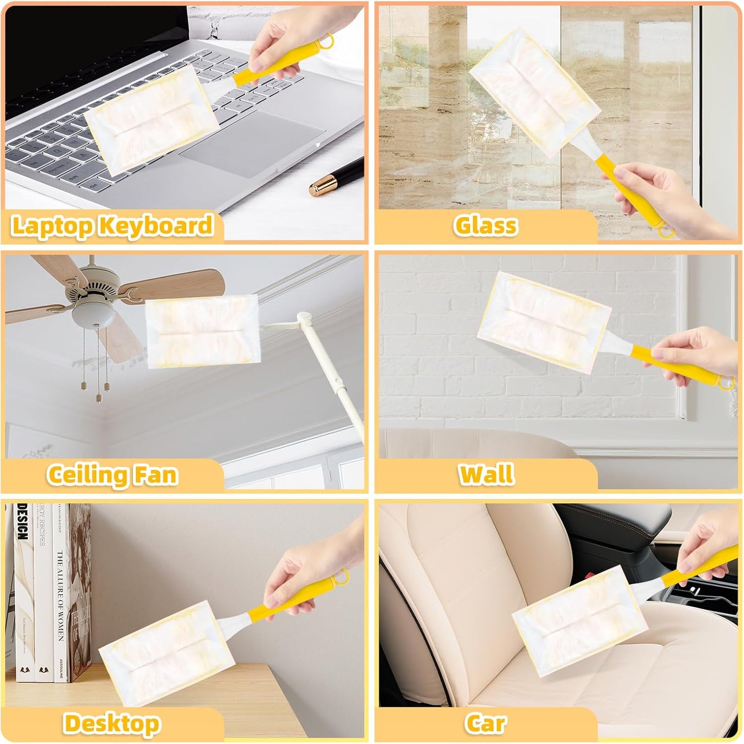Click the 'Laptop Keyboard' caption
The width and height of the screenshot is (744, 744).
point(112,226)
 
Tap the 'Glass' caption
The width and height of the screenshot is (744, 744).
point(486,225)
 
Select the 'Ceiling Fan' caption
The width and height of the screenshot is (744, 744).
point(112,474)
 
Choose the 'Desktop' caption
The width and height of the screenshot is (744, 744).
point(112,723)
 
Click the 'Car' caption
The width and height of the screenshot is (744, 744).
point(486,723)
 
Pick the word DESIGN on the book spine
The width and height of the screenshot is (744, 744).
point(22,522)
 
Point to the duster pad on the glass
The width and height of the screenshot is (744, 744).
point(535,93)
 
